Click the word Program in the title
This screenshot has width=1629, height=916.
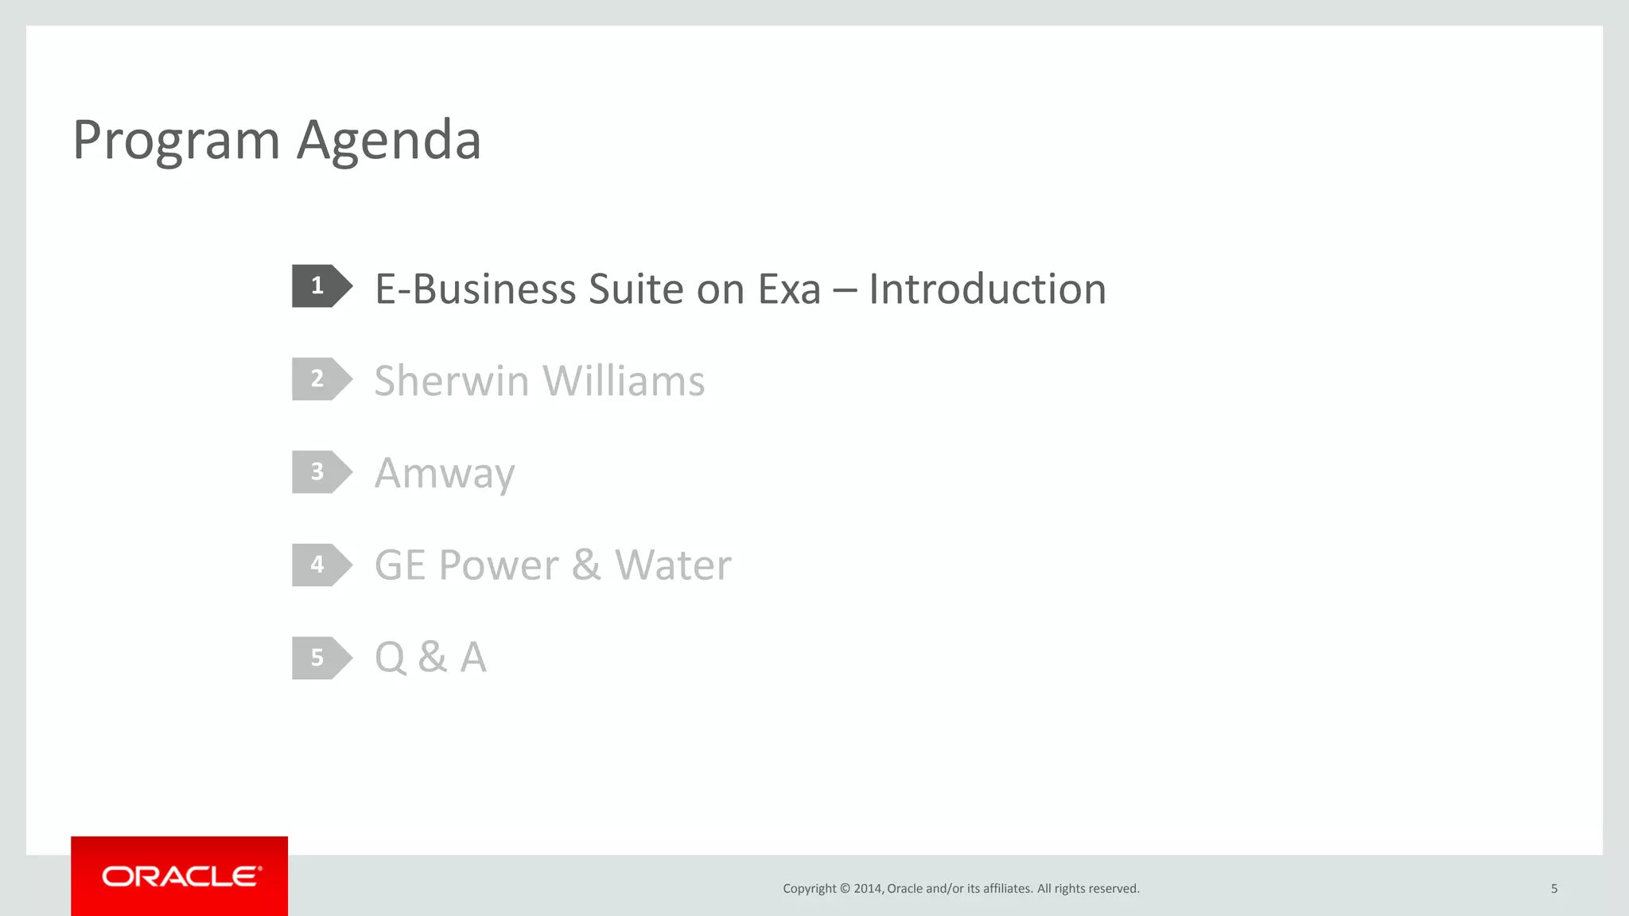click(176, 141)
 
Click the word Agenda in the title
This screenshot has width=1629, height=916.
click(389, 141)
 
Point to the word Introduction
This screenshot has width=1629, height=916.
click(987, 289)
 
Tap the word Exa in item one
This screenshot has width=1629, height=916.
click(789, 289)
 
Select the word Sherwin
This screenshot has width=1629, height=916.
click(452, 381)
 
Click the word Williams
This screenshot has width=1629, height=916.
click(624, 381)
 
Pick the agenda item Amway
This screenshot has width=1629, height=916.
click(445, 474)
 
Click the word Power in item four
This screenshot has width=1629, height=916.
click(499, 565)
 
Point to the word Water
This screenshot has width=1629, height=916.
click(673, 565)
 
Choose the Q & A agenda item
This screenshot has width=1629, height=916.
click(430, 658)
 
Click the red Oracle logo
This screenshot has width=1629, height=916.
click(180, 876)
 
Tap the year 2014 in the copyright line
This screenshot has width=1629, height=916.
click(868, 889)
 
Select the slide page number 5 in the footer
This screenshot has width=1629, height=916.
click(1554, 889)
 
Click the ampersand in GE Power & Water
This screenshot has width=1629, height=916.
click(586, 565)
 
